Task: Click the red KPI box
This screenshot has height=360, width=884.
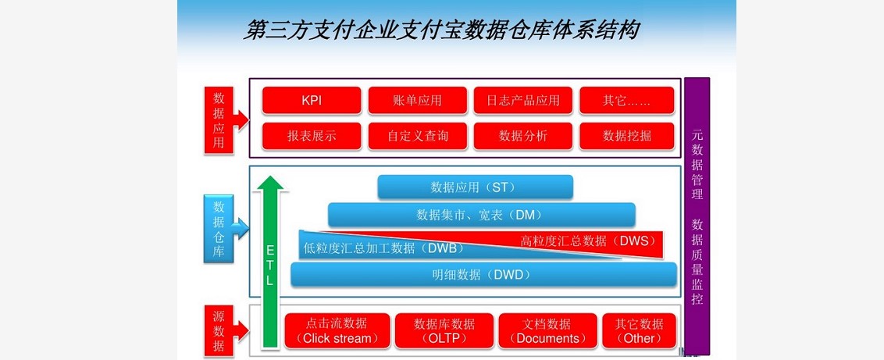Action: [x=312, y=101]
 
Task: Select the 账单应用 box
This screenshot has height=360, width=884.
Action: [x=417, y=101]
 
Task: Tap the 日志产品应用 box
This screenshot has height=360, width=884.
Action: [x=522, y=101]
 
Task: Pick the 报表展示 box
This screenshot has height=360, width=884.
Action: [x=312, y=137]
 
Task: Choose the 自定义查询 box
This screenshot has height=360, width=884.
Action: [x=417, y=137]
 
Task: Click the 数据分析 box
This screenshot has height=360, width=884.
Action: [x=522, y=137]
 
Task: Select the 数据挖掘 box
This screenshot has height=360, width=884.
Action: [x=627, y=137]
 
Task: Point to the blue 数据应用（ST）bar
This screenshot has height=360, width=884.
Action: [x=476, y=187]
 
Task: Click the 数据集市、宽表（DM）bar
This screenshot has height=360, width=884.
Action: [x=482, y=215]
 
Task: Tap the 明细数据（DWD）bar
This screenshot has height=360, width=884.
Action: [x=483, y=274]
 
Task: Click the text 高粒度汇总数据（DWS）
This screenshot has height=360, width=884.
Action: [x=588, y=241]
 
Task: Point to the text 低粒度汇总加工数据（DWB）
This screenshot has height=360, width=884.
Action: [x=383, y=248]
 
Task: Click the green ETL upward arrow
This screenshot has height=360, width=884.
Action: [x=271, y=262]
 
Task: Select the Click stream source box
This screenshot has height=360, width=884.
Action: [x=337, y=331]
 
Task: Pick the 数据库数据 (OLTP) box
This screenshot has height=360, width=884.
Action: [x=444, y=331]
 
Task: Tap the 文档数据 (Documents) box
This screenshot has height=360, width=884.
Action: [x=547, y=331]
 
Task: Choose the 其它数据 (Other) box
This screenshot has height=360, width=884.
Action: [x=639, y=331]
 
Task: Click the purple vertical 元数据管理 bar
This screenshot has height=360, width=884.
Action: [x=697, y=216]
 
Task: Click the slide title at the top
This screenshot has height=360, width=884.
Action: [x=441, y=30]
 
